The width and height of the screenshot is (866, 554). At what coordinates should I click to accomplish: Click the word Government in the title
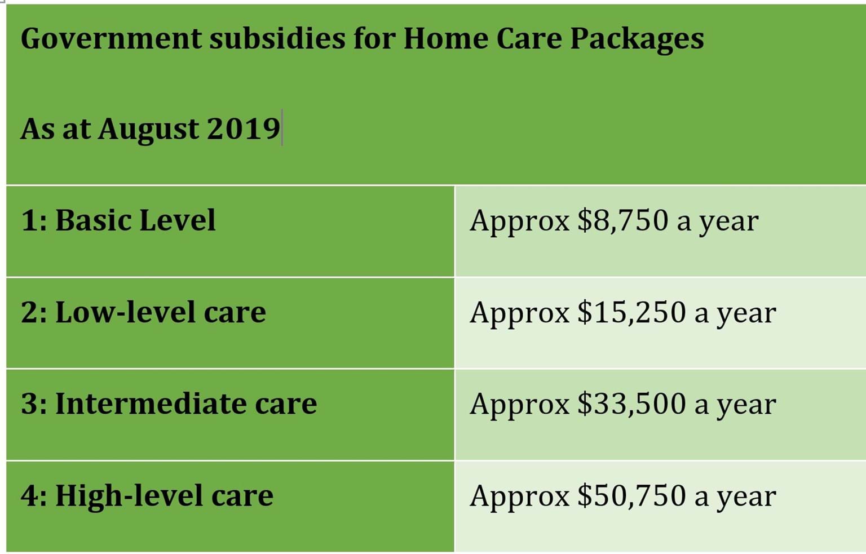pos(111,39)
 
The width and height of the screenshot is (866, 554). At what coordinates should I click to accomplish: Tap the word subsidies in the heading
pos(277,38)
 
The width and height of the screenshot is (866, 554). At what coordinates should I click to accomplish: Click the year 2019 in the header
pos(244,128)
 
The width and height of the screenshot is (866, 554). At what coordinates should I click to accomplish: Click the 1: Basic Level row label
pos(118,220)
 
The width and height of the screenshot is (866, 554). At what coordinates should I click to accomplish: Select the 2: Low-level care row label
pos(143,312)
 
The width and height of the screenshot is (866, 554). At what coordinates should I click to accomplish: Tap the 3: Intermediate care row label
pos(169,404)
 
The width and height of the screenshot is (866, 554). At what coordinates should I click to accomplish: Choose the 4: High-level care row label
pos(147,495)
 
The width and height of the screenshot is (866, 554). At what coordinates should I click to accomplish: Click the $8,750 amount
pos(623,220)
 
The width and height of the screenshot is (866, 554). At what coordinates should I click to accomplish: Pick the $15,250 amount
pos(631,312)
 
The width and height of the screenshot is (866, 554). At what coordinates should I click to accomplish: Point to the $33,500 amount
pos(631,404)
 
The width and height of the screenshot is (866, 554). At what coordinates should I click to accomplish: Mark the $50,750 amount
pos(631,495)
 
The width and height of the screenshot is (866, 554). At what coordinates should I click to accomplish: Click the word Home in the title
pos(446,39)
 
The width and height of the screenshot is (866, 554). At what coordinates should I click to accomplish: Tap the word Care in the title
pos(529,39)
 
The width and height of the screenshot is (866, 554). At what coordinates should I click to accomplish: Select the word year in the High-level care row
pos(746,499)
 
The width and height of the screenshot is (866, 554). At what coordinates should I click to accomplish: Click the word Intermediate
pos(151,404)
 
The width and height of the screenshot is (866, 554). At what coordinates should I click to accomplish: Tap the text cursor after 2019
pos(282,127)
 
